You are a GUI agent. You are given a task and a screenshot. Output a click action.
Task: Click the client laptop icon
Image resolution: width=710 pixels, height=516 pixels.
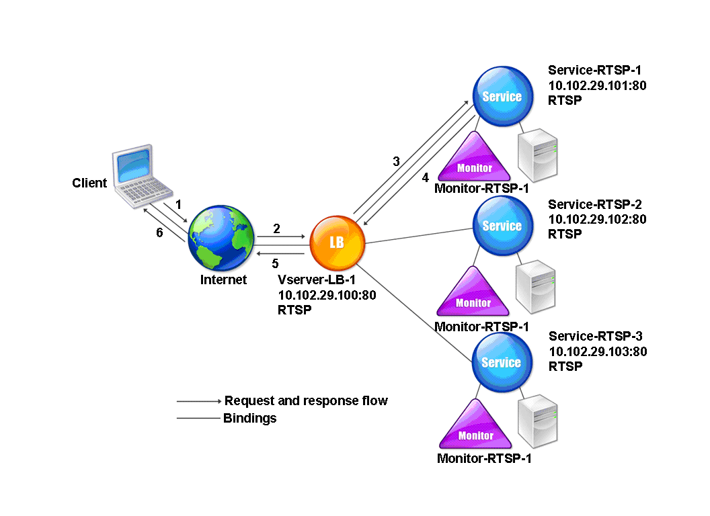(142, 176)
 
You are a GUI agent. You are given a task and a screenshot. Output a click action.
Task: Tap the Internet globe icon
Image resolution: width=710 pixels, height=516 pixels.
(221, 238)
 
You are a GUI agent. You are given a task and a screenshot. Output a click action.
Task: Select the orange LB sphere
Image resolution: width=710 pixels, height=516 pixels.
(337, 243)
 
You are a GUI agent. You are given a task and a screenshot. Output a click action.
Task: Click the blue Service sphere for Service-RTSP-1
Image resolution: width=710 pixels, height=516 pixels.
(503, 96)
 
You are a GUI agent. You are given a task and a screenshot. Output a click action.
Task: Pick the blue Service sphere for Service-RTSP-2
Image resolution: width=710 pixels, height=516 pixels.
(503, 225)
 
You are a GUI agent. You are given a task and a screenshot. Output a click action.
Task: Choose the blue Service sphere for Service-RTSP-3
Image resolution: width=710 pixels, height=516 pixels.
(502, 362)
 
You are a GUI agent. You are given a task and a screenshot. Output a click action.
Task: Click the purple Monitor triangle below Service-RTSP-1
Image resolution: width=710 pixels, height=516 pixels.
(474, 157)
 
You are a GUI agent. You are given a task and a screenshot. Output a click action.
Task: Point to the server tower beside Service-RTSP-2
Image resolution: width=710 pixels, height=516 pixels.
(536, 287)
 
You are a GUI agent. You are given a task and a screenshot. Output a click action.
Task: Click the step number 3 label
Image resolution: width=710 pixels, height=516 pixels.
(396, 162)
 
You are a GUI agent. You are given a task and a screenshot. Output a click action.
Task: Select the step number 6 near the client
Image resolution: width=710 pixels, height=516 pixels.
(159, 232)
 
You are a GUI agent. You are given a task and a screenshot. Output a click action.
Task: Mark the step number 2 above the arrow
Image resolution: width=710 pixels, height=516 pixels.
(276, 228)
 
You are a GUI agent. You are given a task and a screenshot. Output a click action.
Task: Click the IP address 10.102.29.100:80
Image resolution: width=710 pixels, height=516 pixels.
(327, 295)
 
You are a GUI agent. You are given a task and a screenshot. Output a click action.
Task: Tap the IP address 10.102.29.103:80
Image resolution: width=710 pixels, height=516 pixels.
(598, 351)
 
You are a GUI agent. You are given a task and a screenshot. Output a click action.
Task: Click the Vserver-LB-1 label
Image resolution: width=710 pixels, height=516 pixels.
(317, 279)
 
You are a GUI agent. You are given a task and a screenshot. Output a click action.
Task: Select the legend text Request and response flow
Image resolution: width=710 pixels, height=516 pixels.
(306, 400)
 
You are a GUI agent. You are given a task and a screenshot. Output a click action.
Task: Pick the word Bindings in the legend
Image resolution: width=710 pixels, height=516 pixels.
(250, 418)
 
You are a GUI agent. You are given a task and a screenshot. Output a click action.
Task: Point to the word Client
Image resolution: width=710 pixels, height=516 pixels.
(89, 183)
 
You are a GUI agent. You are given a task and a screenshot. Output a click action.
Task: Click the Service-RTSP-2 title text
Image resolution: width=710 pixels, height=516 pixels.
(595, 204)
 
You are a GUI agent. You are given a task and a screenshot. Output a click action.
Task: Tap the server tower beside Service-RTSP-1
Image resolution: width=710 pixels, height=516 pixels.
(537, 155)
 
